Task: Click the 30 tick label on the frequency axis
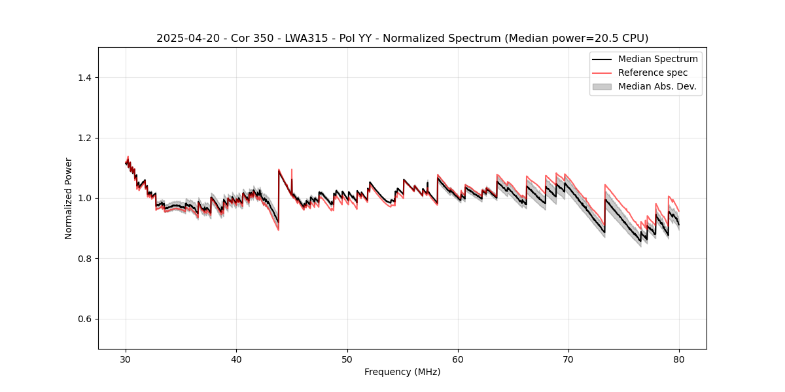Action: (x=126, y=359)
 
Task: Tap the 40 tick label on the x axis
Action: (x=236, y=359)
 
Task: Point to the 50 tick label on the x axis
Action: (x=347, y=359)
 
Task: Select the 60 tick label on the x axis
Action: (x=458, y=359)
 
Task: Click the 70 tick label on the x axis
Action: (x=568, y=359)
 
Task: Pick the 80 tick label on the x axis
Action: (x=679, y=359)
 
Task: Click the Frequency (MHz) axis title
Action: (x=402, y=372)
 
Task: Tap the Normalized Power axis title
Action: (x=69, y=198)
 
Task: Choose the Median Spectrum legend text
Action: (x=657, y=59)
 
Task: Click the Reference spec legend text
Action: (x=653, y=73)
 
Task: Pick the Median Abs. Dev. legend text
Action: (x=657, y=86)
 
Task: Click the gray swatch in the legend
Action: (x=602, y=86)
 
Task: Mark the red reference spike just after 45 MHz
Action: (x=292, y=171)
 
